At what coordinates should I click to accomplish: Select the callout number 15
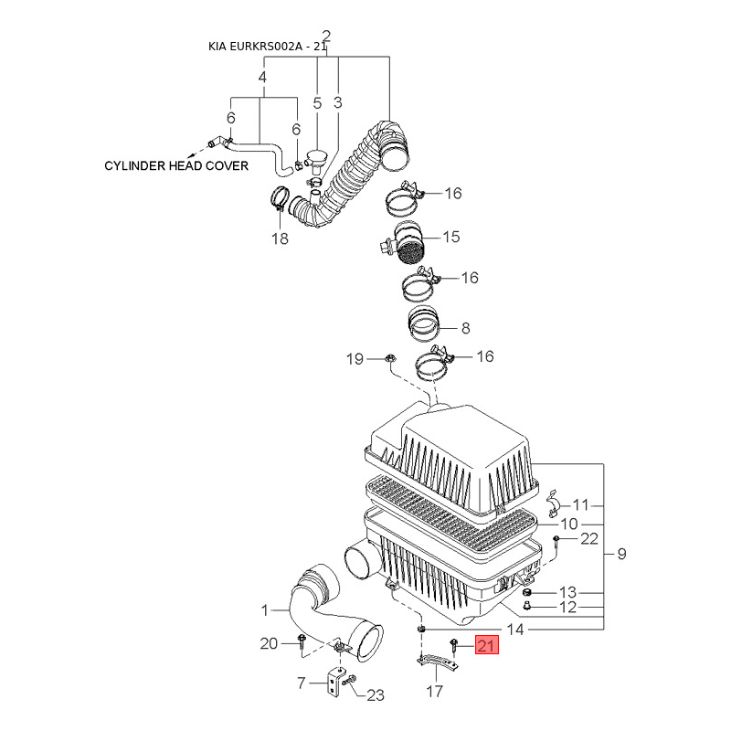(451, 238)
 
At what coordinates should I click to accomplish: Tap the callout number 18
(279, 239)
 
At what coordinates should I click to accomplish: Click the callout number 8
(465, 327)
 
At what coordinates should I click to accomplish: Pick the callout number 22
(588, 538)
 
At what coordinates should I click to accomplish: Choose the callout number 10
(569, 524)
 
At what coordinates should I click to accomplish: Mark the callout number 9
(621, 553)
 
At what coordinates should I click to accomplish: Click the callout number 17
(434, 692)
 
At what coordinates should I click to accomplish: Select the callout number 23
(376, 695)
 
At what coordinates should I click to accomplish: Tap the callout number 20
(268, 644)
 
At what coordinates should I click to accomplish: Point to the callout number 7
(302, 683)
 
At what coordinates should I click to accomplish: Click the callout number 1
(266, 609)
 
